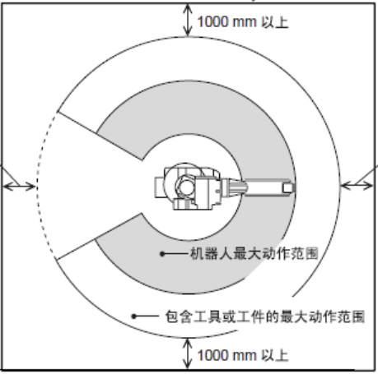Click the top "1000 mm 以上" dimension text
point(243,22)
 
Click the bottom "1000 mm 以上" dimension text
point(243,355)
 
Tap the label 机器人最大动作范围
point(254,253)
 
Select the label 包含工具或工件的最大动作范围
point(265,316)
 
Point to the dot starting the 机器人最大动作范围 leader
point(162,254)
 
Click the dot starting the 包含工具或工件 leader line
point(133,316)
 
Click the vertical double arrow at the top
point(188,20)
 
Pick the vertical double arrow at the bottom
point(188,353)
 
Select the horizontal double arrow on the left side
point(19,187)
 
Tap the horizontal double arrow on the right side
point(357,186)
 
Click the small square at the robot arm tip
point(288,187)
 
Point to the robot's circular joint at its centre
point(185,187)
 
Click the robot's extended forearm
point(268,187)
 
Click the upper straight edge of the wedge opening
point(100,136)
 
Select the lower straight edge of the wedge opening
point(99,236)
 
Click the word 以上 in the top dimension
point(275,22)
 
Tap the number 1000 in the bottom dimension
point(213,355)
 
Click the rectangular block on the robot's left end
point(159,187)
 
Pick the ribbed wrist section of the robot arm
point(234,187)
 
